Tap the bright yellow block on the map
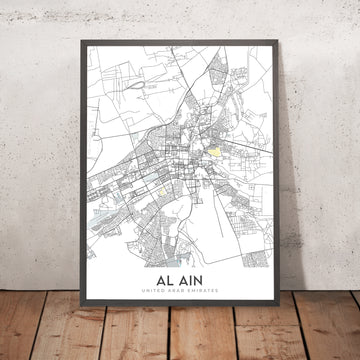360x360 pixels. click(214, 151)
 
